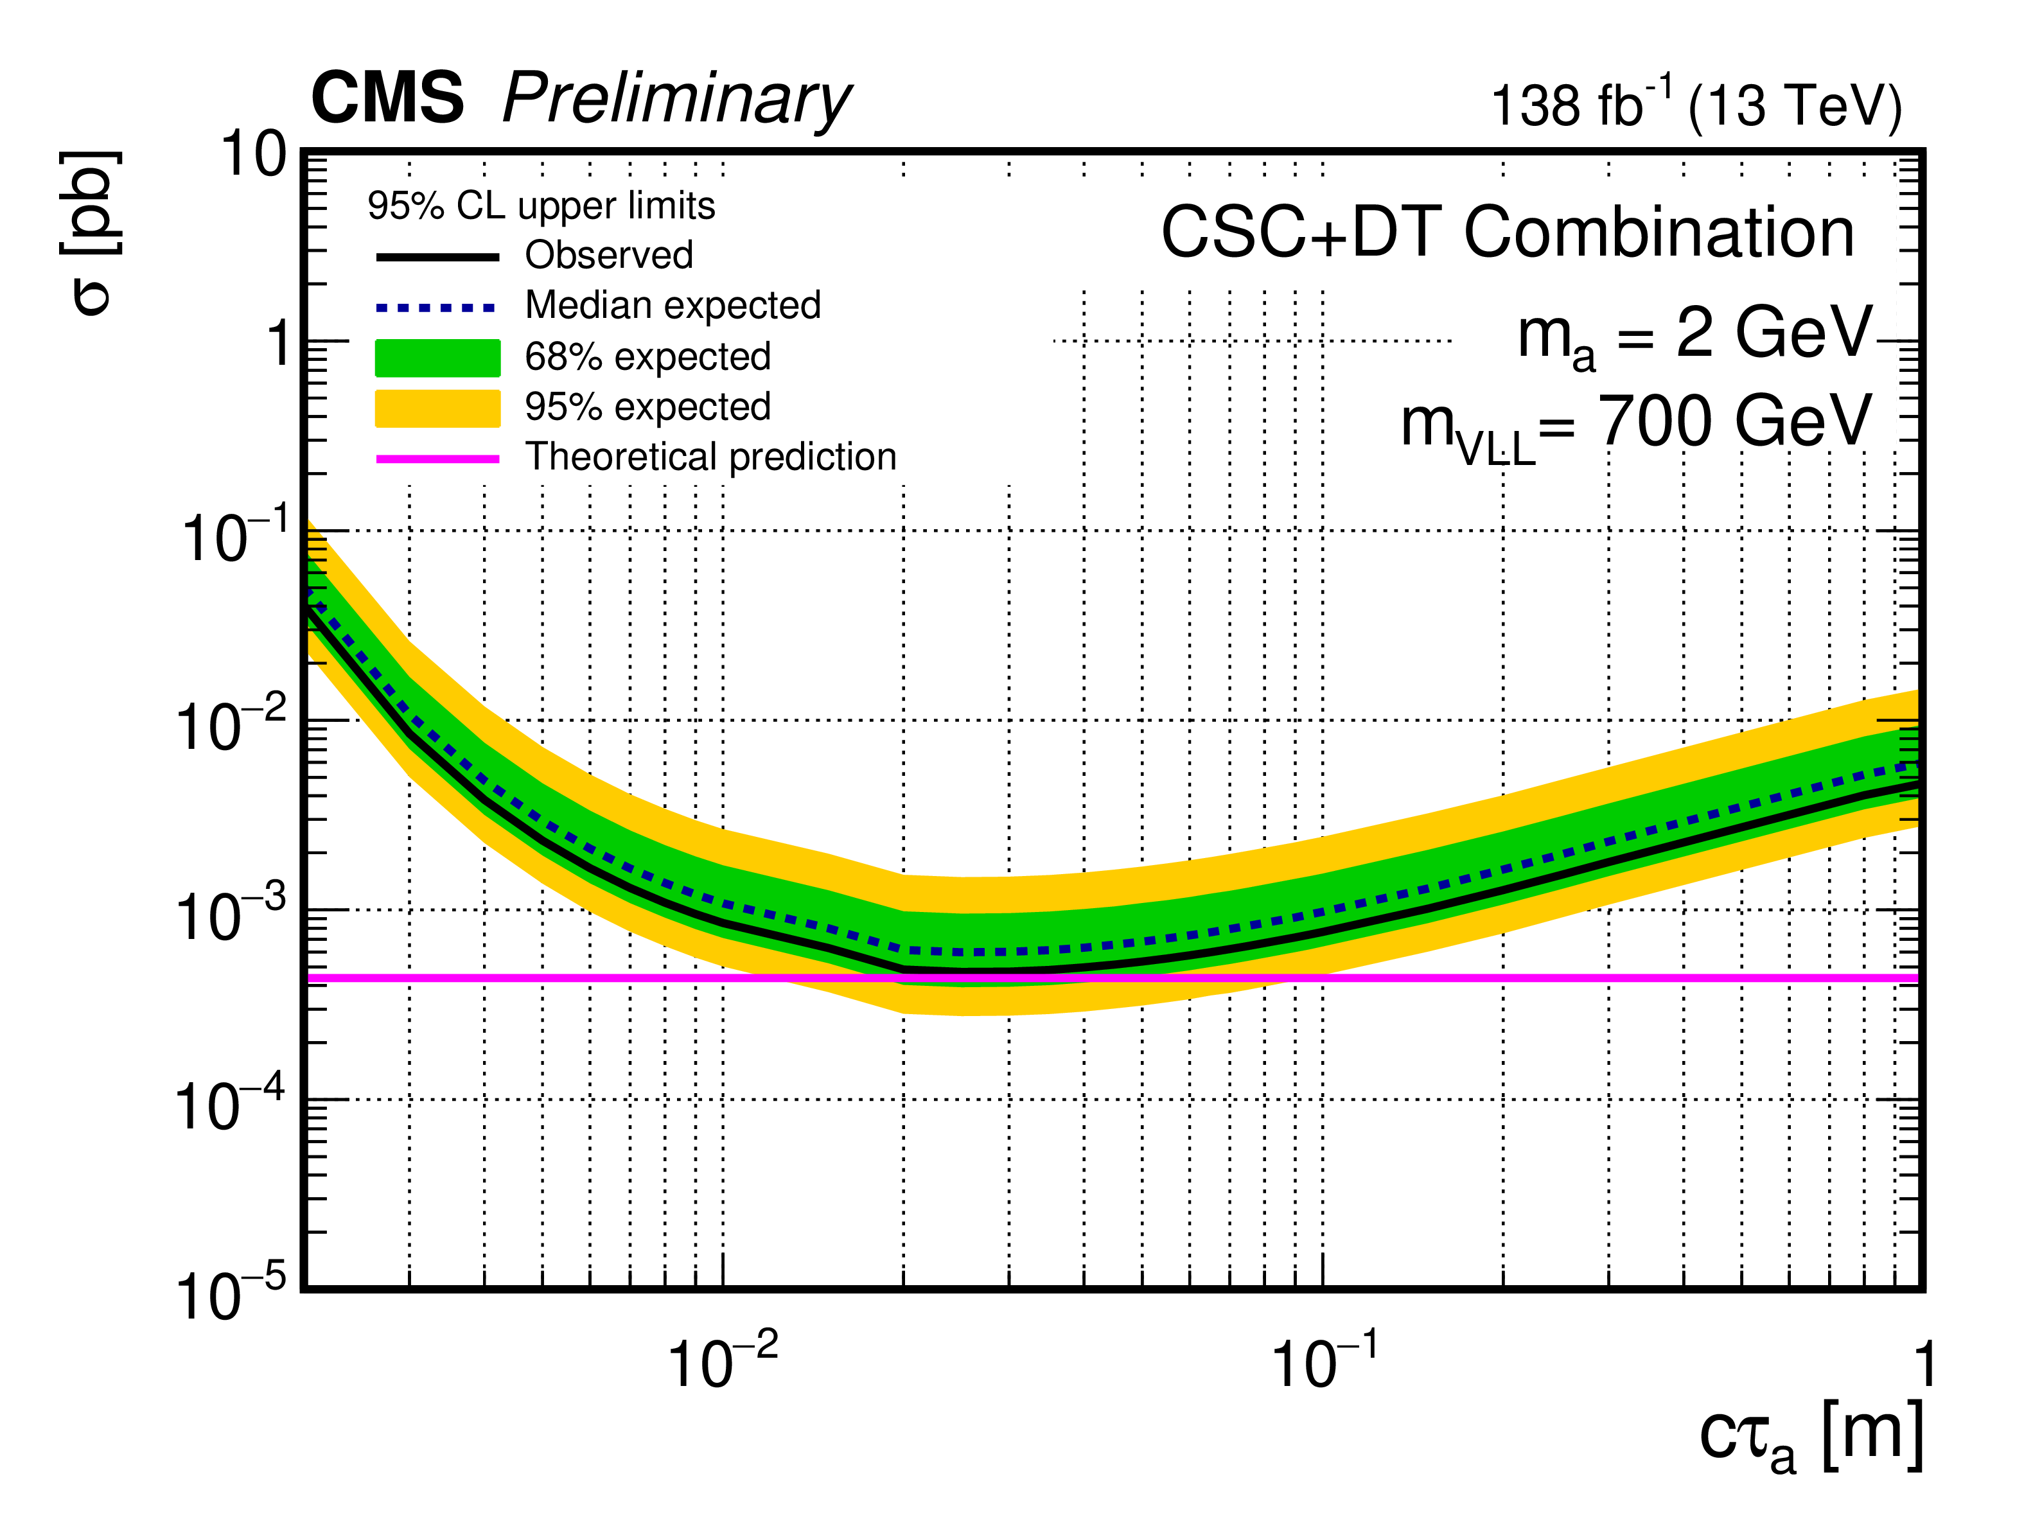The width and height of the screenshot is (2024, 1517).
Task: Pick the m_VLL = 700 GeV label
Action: click(1636, 425)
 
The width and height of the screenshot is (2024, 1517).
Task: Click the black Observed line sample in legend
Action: click(437, 257)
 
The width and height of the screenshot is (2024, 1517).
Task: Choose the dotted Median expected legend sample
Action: click(437, 308)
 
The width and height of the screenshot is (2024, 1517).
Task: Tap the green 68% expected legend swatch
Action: click(437, 358)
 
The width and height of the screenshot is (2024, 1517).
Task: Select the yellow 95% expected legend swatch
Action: click(437, 408)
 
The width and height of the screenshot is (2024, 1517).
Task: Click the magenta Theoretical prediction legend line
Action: click(437, 459)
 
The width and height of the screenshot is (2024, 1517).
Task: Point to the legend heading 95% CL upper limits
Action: click(541, 206)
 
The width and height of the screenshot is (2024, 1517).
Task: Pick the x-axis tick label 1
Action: click(1924, 1364)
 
